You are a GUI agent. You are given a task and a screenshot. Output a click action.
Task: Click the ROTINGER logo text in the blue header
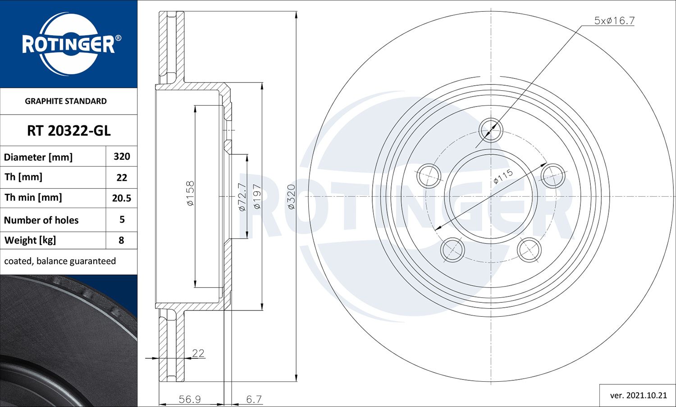(69, 44)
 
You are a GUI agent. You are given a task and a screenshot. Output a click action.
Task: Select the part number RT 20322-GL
(69, 130)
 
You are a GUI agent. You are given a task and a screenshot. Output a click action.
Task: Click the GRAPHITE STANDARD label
(66, 101)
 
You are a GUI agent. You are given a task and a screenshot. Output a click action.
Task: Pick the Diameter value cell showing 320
(122, 157)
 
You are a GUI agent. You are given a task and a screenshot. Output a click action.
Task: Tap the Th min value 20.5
(122, 198)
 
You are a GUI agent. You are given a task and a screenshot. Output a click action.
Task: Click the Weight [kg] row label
(30, 240)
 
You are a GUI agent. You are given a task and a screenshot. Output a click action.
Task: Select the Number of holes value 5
(122, 220)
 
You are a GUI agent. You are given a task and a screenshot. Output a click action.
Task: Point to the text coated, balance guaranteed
(60, 261)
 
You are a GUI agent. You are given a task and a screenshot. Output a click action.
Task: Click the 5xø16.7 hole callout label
(614, 21)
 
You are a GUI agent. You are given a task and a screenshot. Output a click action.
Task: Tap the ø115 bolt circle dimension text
(503, 176)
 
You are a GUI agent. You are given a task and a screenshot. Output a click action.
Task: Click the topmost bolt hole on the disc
(490, 130)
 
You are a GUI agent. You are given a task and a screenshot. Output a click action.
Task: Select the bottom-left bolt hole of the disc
(452, 250)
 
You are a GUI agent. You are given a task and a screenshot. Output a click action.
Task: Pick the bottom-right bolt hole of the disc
(529, 250)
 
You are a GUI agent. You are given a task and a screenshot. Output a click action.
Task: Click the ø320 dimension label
(291, 197)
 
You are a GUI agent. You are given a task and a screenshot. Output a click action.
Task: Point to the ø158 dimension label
(190, 193)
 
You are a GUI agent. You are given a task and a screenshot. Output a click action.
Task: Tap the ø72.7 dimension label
(242, 197)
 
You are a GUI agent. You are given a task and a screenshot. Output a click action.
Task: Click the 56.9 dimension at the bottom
(189, 399)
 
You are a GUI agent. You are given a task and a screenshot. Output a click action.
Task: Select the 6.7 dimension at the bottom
(254, 399)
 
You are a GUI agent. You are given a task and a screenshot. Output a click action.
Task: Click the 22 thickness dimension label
(198, 353)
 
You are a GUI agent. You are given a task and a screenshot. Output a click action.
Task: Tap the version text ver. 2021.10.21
(638, 395)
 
